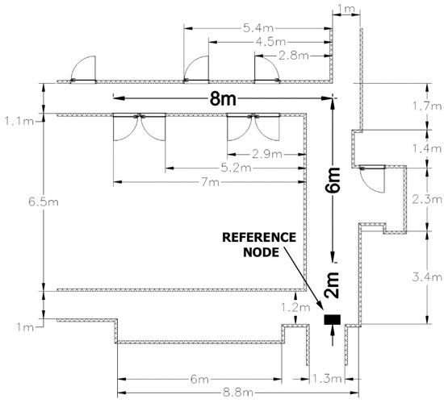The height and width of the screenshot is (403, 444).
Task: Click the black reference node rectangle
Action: [332, 319]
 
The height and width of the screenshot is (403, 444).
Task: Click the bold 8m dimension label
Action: [223, 99]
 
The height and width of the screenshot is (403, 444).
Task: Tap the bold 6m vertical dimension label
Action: [333, 181]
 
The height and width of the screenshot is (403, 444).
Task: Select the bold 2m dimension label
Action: [333, 285]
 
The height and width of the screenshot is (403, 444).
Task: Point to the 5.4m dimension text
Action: [258, 28]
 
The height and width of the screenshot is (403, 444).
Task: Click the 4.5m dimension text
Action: [270, 42]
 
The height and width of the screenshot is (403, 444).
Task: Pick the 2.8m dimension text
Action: [293, 56]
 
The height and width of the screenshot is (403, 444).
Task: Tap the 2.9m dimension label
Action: [266, 155]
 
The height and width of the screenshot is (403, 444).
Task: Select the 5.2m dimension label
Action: [236, 168]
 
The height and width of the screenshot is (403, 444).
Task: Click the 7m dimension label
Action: [210, 182]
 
